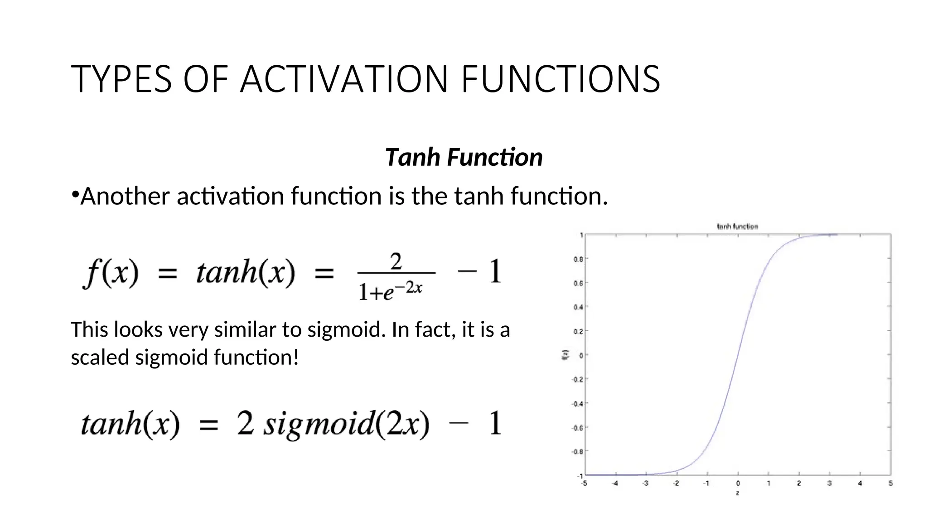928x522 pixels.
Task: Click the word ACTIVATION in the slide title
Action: [344, 79]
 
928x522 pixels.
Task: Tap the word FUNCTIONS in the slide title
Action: [561, 79]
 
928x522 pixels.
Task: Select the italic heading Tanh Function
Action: [464, 158]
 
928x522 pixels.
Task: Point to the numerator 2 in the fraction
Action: [396, 261]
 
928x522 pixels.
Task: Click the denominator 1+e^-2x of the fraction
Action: [390, 290]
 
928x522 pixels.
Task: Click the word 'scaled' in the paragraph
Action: [100, 357]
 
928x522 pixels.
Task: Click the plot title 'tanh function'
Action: [737, 226]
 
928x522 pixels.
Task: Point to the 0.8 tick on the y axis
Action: [578, 259]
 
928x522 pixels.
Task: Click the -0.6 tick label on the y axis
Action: [577, 427]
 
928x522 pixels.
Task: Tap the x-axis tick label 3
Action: [829, 483]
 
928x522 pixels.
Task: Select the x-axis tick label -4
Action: [614, 483]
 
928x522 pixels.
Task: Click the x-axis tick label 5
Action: [890, 483]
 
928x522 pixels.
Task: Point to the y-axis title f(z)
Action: [565, 355]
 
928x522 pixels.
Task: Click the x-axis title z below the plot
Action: [737, 493]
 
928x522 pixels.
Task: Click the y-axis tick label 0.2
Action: [578, 331]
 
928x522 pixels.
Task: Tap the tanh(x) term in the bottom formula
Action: [130, 424]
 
